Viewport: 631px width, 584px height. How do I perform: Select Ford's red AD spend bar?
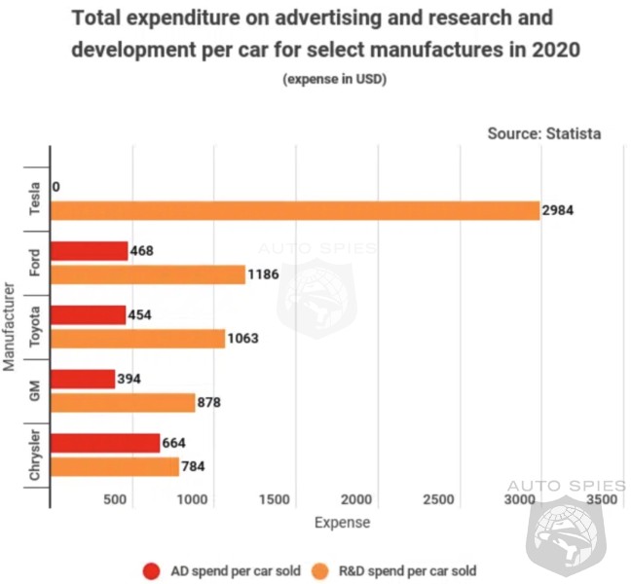(x=89, y=251)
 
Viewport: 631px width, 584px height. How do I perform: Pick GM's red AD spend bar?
(x=82, y=379)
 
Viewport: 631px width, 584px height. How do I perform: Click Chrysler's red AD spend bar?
(x=104, y=443)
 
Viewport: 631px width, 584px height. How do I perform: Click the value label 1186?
(x=265, y=274)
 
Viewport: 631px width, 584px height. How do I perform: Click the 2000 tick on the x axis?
(x=359, y=500)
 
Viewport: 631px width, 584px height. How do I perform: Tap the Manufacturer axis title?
(x=9, y=327)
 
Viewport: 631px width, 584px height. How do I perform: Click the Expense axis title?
(x=342, y=523)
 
